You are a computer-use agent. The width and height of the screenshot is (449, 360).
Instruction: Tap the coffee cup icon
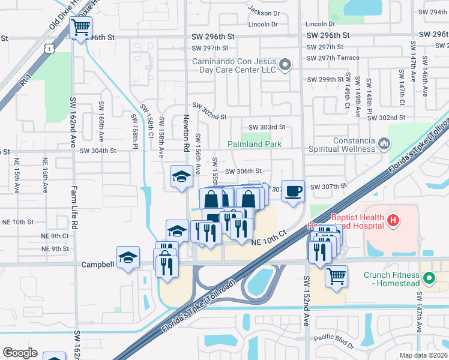[293, 191]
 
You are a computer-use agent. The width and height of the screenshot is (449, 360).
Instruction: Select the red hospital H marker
[393, 221]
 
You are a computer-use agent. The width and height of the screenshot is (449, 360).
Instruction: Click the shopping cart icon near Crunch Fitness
[337, 277]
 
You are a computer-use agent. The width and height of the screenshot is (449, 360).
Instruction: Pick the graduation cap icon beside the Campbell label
[128, 257]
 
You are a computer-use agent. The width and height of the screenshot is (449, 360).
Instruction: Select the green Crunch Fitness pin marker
[429, 278]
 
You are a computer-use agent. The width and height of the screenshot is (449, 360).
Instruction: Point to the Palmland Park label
[255, 145]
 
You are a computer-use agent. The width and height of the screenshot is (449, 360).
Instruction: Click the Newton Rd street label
[187, 133]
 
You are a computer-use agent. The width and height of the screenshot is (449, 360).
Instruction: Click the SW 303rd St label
[266, 127]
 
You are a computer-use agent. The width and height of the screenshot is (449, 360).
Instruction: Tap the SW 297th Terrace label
[333, 58]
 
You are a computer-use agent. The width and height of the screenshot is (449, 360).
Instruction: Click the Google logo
[20, 353]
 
